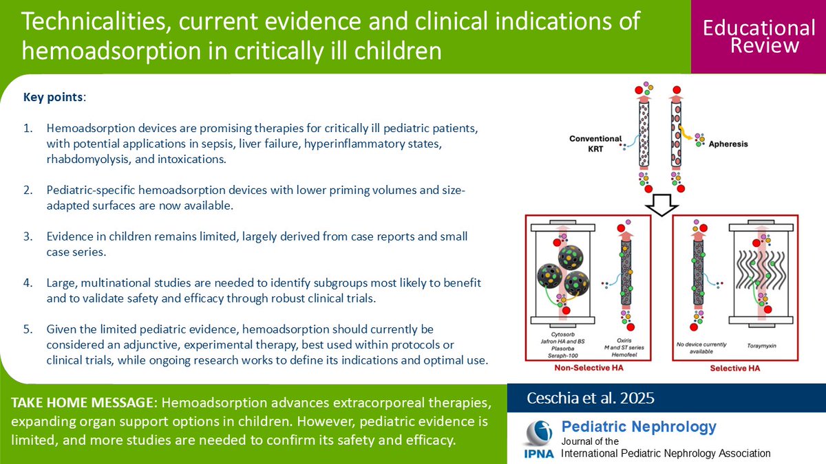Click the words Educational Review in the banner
pyautogui.click(x=758, y=36)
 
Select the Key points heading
pyautogui.click(x=53, y=97)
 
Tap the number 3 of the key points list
pyautogui.click(x=28, y=236)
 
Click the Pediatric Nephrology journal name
pyautogui.click(x=639, y=426)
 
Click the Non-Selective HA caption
pyautogui.click(x=588, y=368)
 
